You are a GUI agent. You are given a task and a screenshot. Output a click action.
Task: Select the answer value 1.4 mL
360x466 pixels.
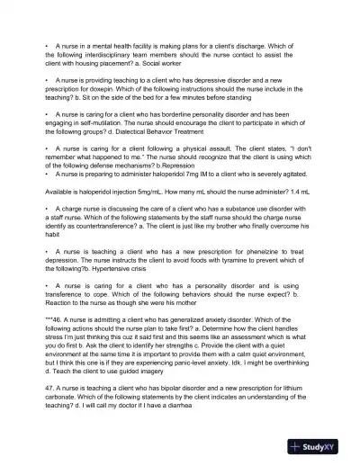(302, 192)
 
